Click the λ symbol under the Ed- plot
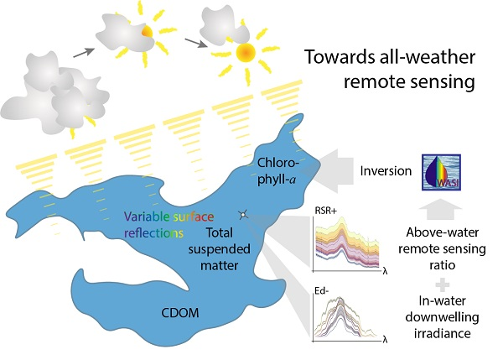pos(385,341)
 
